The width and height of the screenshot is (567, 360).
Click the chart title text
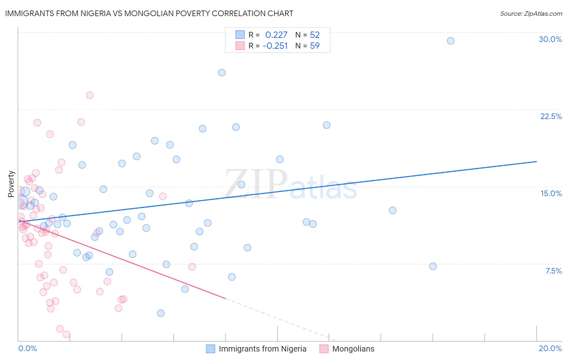point(149,13)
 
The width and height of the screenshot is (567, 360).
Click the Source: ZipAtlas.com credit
point(531,13)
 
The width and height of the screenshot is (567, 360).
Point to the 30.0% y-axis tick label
point(550,39)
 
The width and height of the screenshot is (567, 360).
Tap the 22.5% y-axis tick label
point(551,116)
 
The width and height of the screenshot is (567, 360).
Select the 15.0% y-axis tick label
point(551,193)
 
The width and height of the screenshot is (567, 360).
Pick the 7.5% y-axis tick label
point(553,271)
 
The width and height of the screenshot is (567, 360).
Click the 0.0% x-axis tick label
point(27,348)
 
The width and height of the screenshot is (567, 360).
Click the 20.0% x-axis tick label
point(550,348)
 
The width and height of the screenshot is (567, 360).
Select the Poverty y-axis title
point(11,184)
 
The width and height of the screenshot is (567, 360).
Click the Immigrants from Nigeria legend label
point(263,349)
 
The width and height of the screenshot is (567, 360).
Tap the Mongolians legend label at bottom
point(353,349)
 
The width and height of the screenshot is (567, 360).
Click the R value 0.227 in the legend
point(276,35)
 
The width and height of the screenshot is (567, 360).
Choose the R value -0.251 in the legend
point(275,46)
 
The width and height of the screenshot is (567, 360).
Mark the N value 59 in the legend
point(315,46)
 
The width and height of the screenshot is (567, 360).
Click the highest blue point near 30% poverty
point(450,41)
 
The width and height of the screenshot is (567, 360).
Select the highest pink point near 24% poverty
point(90,95)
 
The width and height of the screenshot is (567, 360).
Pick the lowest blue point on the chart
point(161,313)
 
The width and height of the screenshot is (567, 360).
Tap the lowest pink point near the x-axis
point(67,335)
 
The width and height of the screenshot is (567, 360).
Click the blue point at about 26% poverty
point(221,73)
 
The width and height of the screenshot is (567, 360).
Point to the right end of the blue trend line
point(536,161)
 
